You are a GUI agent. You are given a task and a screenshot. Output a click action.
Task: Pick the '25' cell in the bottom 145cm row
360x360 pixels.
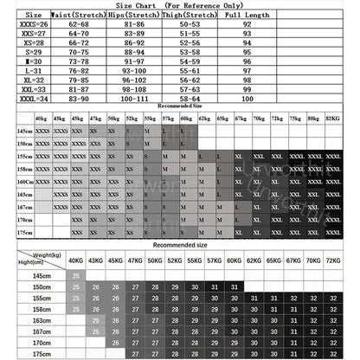(x=76, y=274)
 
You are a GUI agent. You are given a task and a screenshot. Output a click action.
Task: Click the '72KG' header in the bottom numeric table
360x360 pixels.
(x=331, y=260)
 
